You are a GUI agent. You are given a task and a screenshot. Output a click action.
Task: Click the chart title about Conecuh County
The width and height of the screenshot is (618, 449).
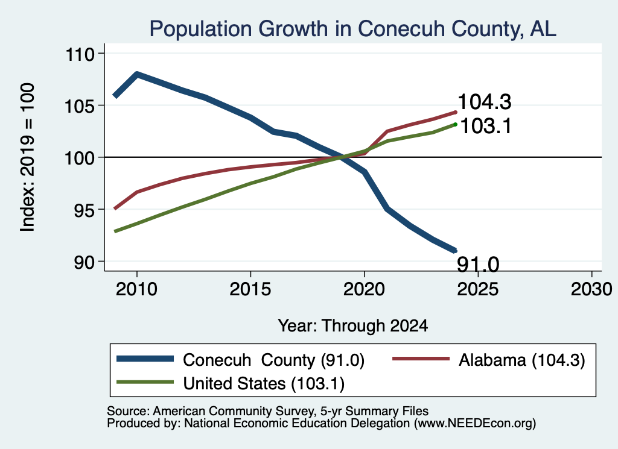(x=352, y=29)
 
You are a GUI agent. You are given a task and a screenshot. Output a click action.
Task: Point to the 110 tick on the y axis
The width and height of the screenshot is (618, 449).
(x=80, y=54)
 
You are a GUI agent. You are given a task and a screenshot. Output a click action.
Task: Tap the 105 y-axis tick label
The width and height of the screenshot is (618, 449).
(x=80, y=106)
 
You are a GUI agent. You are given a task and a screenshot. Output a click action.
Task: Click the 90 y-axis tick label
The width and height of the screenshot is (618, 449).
(x=84, y=262)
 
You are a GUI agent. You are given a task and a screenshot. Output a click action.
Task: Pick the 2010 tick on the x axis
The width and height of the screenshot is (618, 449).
(x=137, y=289)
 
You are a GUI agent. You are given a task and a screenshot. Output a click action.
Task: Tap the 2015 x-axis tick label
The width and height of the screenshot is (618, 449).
(x=250, y=289)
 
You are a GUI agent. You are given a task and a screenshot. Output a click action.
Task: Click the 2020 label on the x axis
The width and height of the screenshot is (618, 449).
(x=364, y=289)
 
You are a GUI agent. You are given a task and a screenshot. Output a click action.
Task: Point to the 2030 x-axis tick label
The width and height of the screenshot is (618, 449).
(x=591, y=289)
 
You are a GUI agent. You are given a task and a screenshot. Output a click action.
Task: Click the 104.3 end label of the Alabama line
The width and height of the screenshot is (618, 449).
(x=485, y=101)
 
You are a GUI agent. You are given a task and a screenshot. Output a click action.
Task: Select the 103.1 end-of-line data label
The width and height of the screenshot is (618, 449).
(x=486, y=126)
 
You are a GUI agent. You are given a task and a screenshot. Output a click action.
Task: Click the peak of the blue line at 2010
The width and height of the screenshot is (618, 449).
(x=137, y=74)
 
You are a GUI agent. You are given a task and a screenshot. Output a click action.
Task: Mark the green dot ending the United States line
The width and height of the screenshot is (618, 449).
(x=456, y=124)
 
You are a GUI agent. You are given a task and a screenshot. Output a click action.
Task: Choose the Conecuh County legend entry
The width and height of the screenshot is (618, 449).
(x=240, y=360)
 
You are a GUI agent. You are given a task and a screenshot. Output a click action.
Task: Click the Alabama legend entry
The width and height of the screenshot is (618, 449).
(x=489, y=360)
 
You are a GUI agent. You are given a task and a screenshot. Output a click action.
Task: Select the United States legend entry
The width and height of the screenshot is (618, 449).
(x=231, y=383)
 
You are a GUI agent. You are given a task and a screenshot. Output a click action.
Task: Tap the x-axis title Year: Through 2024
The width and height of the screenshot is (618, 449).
(x=352, y=326)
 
